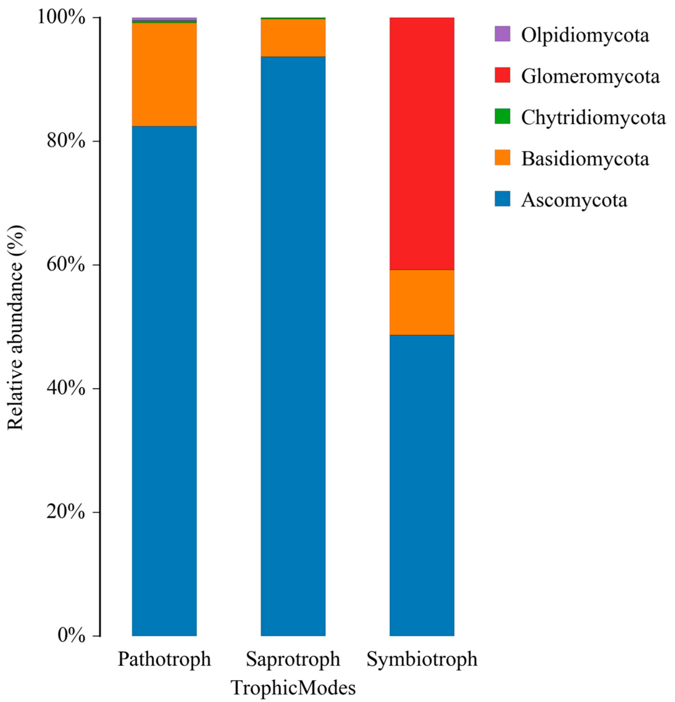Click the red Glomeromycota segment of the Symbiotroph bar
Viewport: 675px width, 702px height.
(x=422, y=143)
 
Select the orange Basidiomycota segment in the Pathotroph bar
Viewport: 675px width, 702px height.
(x=164, y=74)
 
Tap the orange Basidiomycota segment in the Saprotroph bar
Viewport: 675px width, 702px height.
(x=293, y=38)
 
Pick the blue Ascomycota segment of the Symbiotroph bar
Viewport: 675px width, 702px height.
(x=422, y=484)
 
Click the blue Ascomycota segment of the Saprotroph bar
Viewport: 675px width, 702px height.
(x=293, y=344)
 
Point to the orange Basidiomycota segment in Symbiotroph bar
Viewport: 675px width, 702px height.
(x=422, y=302)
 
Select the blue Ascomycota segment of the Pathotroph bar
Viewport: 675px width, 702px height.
(x=164, y=380)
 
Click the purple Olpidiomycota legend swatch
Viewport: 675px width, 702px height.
(x=502, y=34)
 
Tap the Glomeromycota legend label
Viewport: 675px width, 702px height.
(x=590, y=76)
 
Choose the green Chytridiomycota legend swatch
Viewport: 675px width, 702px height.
(x=502, y=116)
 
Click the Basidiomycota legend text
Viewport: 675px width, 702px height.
(x=585, y=159)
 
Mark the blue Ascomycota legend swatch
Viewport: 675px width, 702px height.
(x=502, y=199)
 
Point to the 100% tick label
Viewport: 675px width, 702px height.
(x=62, y=18)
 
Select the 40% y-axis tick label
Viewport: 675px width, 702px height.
(x=66, y=389)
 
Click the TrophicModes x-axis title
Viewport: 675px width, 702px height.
(x=293, y=686)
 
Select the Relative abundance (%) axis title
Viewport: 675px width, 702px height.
(x=16, y=328)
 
